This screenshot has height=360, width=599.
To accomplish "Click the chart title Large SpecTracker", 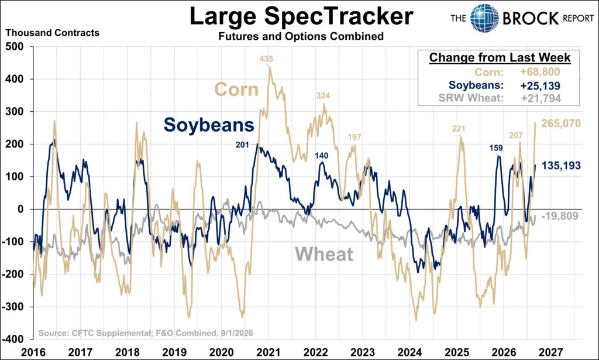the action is (x=301, y=16).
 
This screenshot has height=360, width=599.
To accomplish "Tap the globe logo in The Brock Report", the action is (x=484, y=18).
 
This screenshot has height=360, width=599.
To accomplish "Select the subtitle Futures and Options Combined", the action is (x=301, y=36).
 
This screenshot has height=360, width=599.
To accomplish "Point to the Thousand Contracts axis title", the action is (x=52, y=33).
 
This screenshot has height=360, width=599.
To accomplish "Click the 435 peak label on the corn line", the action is (x=266, y=59).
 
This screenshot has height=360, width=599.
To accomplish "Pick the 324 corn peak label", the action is (x=323, y=95).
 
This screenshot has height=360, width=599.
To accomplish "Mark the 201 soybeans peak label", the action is (x=242, y=145).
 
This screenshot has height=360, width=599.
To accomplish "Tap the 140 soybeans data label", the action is (x=321, y=156).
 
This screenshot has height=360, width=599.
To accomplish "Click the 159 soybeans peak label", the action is (x=496, y=148).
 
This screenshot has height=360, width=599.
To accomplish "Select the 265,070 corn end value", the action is (x=561, y=124).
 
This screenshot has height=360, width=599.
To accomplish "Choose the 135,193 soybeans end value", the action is (x=561, y=166).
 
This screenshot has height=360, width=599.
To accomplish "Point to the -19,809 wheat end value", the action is (x=560, y=216).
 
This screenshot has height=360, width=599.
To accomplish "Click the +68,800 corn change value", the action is (x=540, y=72).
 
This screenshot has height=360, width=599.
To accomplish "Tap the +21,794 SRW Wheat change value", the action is (x=541, y=98).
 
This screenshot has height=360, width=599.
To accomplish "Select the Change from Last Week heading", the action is (x=500, y=58).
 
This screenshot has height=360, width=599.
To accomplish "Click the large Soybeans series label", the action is (x=209, y=125).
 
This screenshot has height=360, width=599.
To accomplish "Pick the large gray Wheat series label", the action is (x=324, y=254).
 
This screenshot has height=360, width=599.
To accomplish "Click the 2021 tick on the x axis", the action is (x=268, y=352).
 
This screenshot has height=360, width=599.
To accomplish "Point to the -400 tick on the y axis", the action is (x=13, y=339).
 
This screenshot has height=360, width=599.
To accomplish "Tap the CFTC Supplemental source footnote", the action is (x=146, y=333).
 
